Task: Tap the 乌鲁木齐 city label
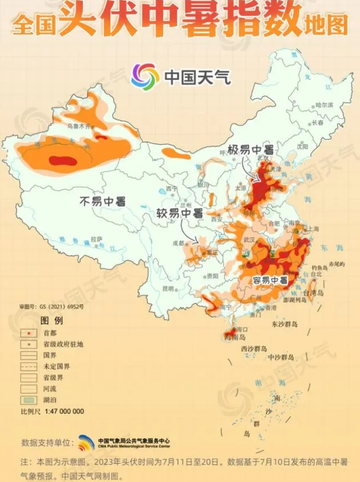pos(79,126)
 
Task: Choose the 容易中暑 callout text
pos(270,280)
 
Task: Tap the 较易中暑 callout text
pos(179,213)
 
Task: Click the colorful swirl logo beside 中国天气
pos(145,76)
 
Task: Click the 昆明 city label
pos(167,288)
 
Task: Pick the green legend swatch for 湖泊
pos(27,400)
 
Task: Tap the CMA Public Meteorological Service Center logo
pos(86,442)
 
